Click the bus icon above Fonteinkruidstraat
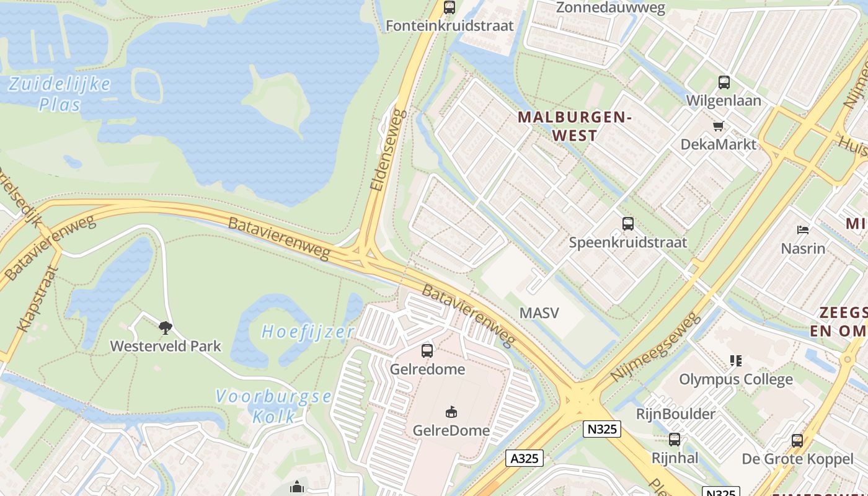(449, 7)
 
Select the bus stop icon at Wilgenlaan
(724, 82)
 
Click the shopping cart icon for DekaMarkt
(719, 126)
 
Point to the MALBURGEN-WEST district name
(574, 126)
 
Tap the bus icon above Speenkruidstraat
(628, 224)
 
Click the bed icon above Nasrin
(803, 230)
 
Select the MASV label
(539, 312)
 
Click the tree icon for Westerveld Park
(165, 327)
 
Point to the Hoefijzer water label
(308, 332)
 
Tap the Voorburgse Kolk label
(273, 406)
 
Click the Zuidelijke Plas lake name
(60, 94)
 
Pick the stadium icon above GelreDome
(451, 412)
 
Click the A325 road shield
(525, 458)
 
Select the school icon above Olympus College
(736, 360)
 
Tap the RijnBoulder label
(676, 414)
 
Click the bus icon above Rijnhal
(675, 440)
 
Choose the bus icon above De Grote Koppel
(797, 441)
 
